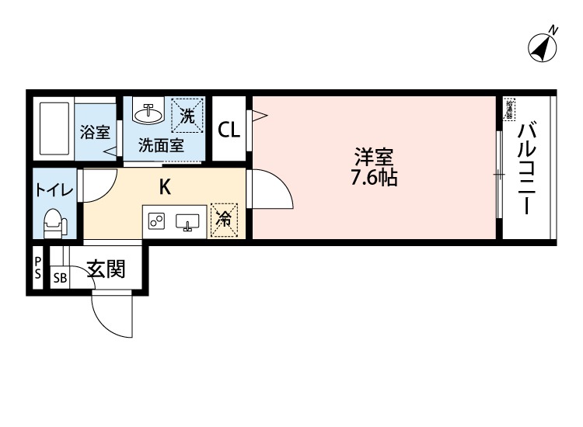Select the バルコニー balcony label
pos(526,168)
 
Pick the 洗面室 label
pos(161,144)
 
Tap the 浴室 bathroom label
pos(95,131)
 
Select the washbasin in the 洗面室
pos(148,114)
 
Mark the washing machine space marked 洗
pos(188,116)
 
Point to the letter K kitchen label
pos(165,187)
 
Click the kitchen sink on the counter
pos(187,223)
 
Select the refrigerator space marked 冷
pos(224,220)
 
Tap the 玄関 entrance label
pos(106,270)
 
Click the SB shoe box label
pos(60,277)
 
